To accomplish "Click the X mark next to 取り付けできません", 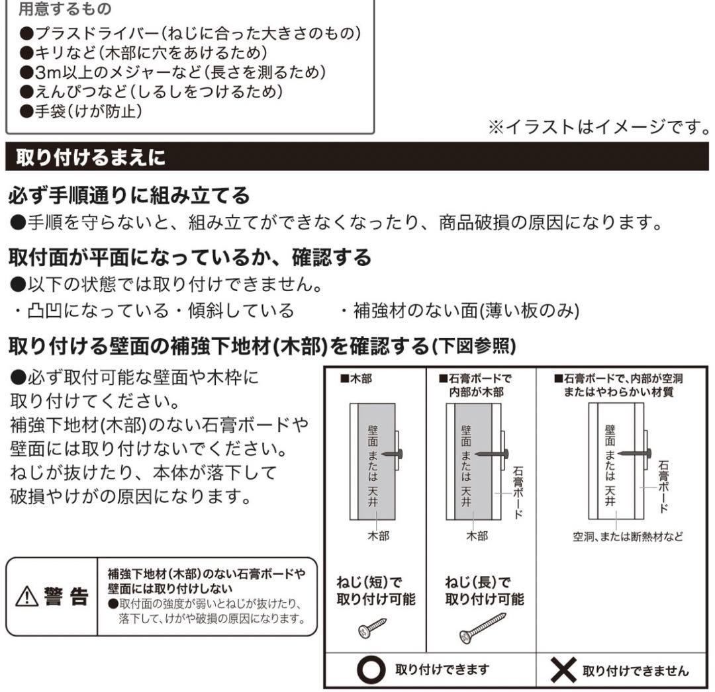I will pos(563,671).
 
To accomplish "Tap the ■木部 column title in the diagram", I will pos(356,380).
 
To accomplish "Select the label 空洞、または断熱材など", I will pos(628,537).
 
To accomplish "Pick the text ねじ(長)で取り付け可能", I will pos(484,591).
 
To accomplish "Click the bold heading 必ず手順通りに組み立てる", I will pos(128,196).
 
